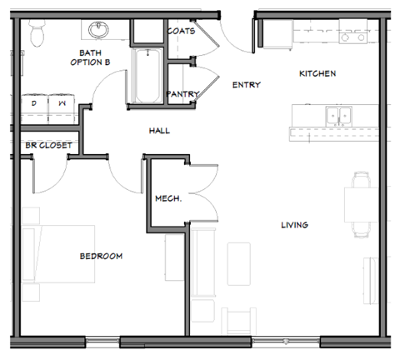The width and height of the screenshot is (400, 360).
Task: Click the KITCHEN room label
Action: pyautogui.click(x=317, y=73)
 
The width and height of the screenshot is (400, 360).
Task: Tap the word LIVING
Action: pyautogui.click(x=295, y=224)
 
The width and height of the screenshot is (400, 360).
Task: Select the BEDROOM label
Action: pyautogui.click(x=101, y=256)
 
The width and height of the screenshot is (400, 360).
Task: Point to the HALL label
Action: pyautogui.click(x=160, y=131)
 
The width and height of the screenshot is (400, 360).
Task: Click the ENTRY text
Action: pyautogui.click(x=247, y=84)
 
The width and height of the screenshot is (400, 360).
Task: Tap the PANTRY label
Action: pyautogui.click(x=182, y=94)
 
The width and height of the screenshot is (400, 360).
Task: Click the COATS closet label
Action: pyautogui.click(x=181, y=32)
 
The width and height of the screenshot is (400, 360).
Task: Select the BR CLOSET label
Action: pyautogui.click(x=48, y=145)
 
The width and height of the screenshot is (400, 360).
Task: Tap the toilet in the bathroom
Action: pyautogui.click(x=37, y=33)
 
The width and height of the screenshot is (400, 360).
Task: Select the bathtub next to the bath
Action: pyautogui.click(x=147, y=77)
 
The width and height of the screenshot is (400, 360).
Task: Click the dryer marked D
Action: pyautogui.click(x=35, y=102)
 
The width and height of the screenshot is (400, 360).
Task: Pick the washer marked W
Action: pyautogui.click(x=62, y=102)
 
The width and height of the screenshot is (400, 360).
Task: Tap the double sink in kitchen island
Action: pyautogui.click(x=338, y=115)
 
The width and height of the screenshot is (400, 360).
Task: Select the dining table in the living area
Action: pyautogui.click(x=359, y=205)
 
